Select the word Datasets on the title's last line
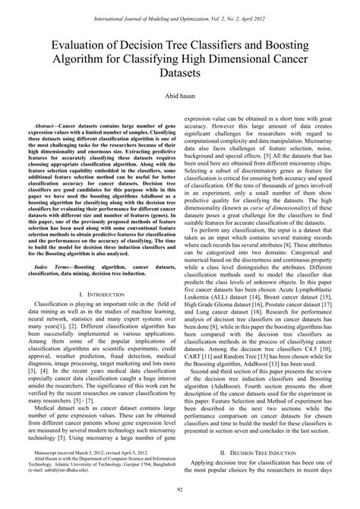[x=180, y=74]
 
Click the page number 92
[x=180, y=498]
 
